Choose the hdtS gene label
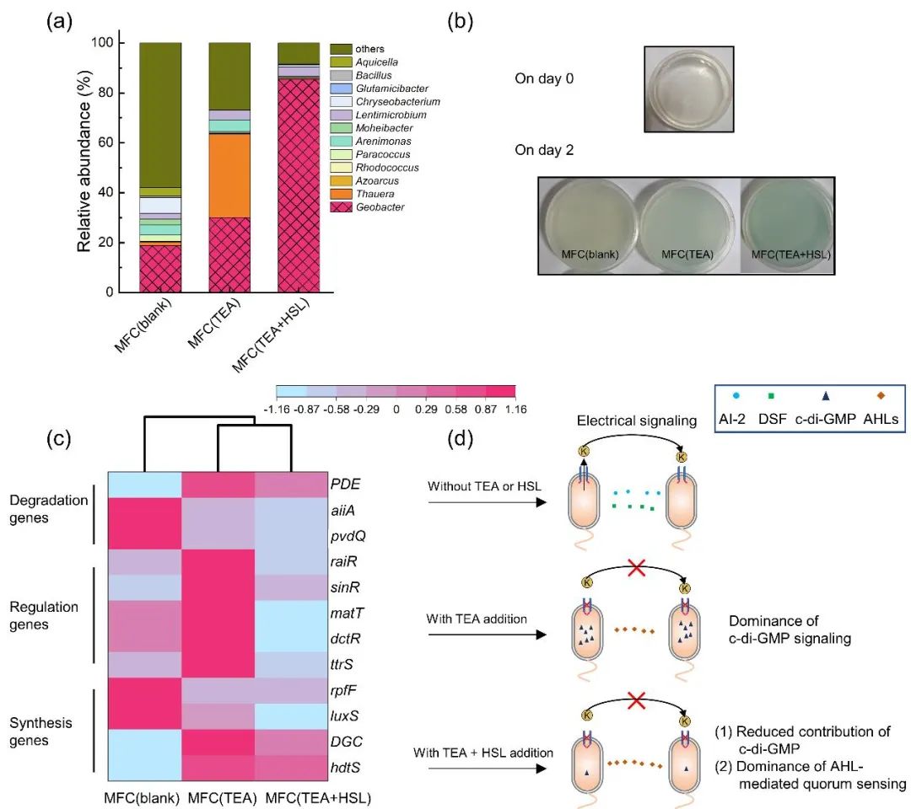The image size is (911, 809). coord(342,766)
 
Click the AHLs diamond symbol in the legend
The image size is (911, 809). coord(880,395)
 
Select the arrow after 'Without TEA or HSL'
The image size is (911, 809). coord(485,502)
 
